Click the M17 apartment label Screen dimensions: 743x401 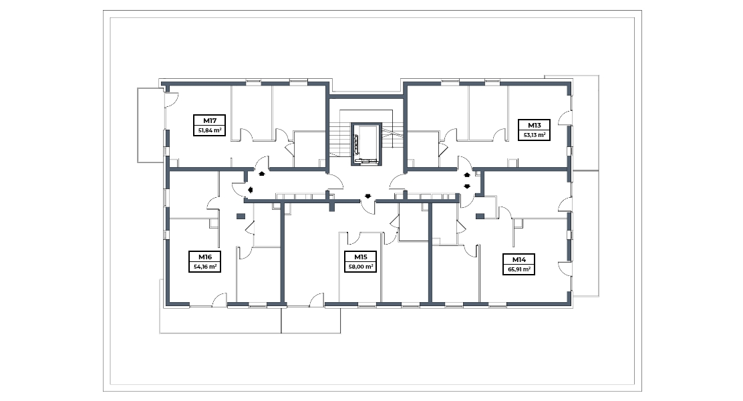tap(209, 120)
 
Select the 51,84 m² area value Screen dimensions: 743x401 tap(209, 130)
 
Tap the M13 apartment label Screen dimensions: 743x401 tap(534, 125)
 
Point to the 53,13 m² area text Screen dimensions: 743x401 tap(534, 135)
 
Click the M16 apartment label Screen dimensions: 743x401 tap(205, 257)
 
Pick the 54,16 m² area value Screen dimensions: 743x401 tap(205, 267)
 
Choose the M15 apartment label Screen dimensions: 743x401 tap(361, 257)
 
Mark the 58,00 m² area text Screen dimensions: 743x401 tap(361, 267)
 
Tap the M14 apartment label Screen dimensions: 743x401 tap(519, 260)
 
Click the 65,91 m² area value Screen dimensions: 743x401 tap(519, 270)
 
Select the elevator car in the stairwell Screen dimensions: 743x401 tap(365, 144)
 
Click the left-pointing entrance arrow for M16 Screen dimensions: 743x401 tap(250, 190)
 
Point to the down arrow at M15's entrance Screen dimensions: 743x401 tap(367, 196)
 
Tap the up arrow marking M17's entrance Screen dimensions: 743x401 tap(261, 174)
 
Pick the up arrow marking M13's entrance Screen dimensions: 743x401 tap(467, 175)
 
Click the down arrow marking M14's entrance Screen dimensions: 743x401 tap(467, 186)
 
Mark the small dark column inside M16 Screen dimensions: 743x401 tap(241, 217)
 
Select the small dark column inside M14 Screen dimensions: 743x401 tap(480, 217)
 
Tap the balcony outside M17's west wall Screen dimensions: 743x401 tap(151, 125)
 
